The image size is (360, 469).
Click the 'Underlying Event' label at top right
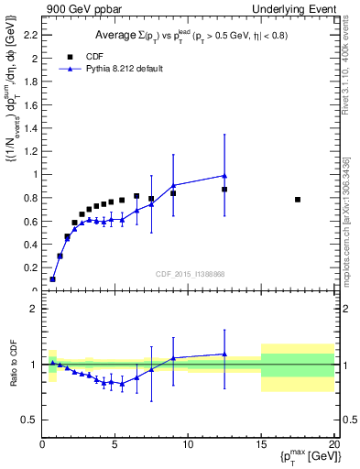click(299, 8)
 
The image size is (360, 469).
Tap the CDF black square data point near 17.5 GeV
click(298, 200)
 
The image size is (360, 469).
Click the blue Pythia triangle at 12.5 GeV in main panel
click(224, 176)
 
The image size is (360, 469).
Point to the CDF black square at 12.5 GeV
click(224, 190)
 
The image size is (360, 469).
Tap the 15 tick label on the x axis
click(261, 445)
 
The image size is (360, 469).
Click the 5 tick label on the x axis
click(115, 445)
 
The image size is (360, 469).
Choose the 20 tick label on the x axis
click(333, 445)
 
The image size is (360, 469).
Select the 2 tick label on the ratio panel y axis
click(33, 309)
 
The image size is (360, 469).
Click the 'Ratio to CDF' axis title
click(12, 363)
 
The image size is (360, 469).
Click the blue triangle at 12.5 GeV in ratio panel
click(224, 354)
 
